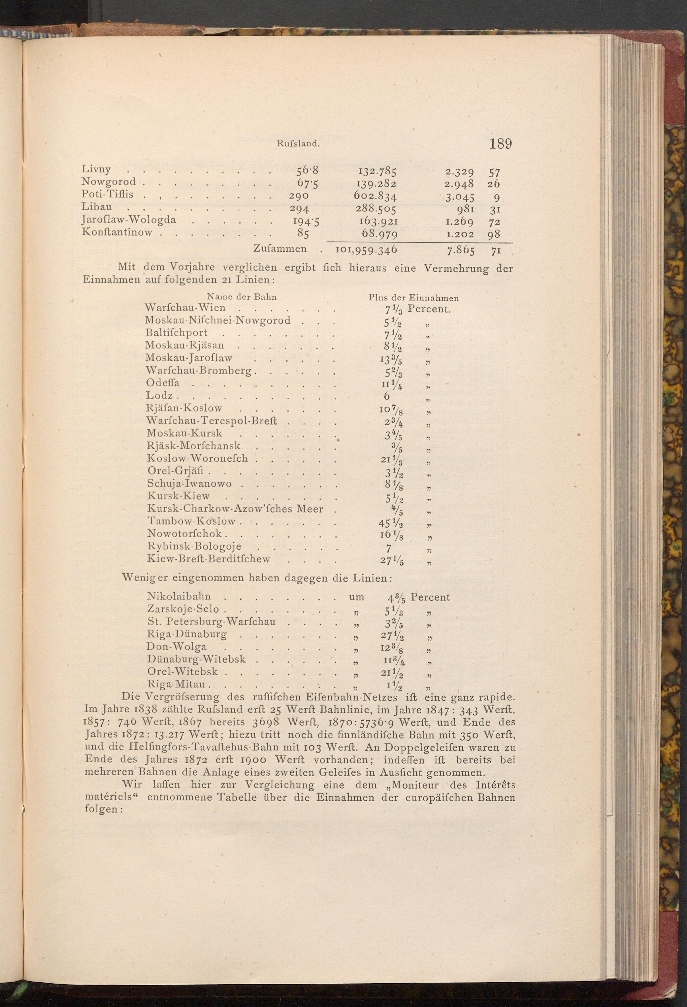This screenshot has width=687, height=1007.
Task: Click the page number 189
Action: (x=500, y=144)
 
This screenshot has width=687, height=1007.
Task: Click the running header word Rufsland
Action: (x=298, y=144)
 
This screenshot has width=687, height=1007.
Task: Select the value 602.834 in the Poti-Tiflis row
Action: (x=375, y=196)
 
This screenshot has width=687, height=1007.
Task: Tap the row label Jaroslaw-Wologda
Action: (x=129, y=220)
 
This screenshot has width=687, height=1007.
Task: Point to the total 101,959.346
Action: (x=367, y=250)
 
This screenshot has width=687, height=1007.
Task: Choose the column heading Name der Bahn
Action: (x=242, y=297)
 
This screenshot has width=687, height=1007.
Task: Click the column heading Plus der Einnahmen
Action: (x=414, y=298)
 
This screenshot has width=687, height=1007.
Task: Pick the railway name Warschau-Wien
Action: (x=185, y=308)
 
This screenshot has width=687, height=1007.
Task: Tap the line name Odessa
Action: (x=163, y=383)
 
